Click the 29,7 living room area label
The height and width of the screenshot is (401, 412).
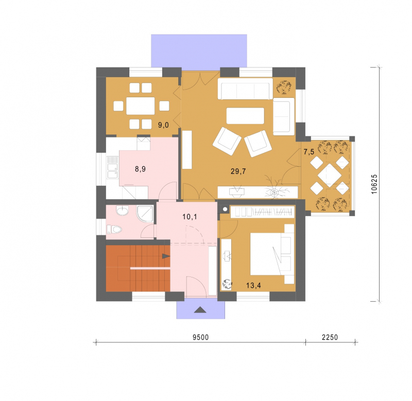pyautogui.click(x=238, y=171)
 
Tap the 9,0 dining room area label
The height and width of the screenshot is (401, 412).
pyautogui.click(x=163, y=125)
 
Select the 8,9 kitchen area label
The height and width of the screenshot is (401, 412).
pyautogui.click(x=140, y=169)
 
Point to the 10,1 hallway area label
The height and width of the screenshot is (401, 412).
pyautogui.click(x=190, y=217)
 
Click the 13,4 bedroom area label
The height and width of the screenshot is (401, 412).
pyautogui.click(x=253, y=285)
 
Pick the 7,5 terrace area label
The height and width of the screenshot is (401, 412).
pyautogui.click(x=308, y=152)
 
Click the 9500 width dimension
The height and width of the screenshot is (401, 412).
pyautogui.click(x=201, y=338)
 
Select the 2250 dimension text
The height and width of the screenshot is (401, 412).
pyautogui.click(x=330, y=338)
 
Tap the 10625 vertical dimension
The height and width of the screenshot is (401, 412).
pyautogui.click(x=374, y=184)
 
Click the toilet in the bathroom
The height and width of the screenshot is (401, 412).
pyautogui.click(x=114, y=229)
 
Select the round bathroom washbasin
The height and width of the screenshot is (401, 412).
pyautogui.click(x=122, y=211)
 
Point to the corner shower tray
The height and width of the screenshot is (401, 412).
pyautogui.click(x=145, y=214)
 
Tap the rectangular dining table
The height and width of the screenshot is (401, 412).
pyautogui.click(x=140, y=106)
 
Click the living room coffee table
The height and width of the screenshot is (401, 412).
pyautogui.click(x=245, y=115)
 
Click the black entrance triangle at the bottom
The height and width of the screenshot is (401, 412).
pyautogui.click(x=200, y=310)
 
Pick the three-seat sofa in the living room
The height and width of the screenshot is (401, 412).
pyautogui.click(x=246, y=89)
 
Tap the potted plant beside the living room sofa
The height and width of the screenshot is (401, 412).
pyautogui.click(x=284, y=87)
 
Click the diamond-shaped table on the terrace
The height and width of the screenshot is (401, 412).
pyautogui.click(x=330, y=175)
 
